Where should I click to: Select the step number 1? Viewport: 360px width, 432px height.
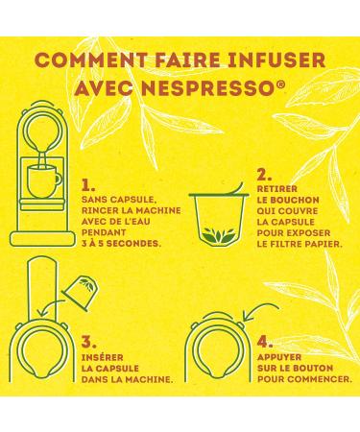(x=88, y=185)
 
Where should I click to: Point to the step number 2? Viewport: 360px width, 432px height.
(x=264, y=175)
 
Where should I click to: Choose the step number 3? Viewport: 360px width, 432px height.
(x=88, y=343)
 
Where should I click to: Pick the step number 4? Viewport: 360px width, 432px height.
(x=265, y=343)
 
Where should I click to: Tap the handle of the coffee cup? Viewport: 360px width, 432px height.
(x=58, y=180)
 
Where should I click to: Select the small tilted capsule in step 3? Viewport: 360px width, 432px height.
(x=82, y=293)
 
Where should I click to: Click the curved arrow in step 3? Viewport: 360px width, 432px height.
(x=49, y=306)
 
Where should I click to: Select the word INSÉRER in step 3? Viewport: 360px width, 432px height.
(x=103, y=357)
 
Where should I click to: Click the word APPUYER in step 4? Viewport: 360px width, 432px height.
(x=279, y=357)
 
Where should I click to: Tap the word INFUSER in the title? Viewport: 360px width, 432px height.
(x=275, y=60)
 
